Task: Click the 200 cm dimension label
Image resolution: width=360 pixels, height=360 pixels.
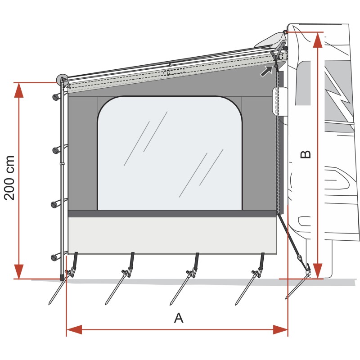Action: click(10, 178)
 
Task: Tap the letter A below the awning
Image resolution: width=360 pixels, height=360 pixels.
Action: click(179, 318)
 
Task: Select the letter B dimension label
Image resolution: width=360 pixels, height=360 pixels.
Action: click(306, 154)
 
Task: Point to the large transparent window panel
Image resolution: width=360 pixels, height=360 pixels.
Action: click(170, 153)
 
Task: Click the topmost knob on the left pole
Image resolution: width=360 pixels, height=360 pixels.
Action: click(56, 97)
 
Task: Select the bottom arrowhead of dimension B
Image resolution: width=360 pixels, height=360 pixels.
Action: click(317, 271)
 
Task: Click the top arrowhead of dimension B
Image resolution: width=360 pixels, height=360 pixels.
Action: click(317, 40)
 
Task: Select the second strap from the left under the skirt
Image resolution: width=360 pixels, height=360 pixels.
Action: click(131, 260)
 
